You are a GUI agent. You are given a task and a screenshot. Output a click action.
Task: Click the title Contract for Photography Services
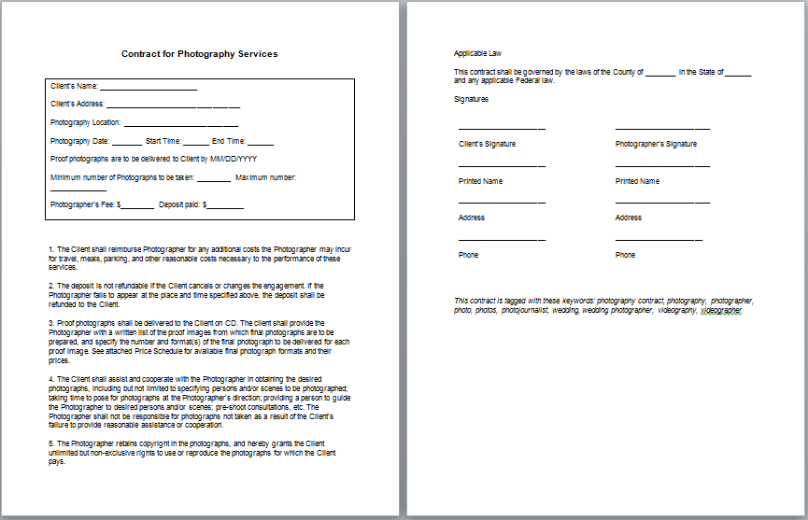pyautogui.click(x=199, y=54)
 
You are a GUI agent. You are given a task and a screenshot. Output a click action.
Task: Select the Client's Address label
pyautogui.click(x=77, y=104)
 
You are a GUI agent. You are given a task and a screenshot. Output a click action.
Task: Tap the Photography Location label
pyautogui.click(x=85, y=122)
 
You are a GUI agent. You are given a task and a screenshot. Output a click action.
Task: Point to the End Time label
pyautogui.click(x=229, y=141)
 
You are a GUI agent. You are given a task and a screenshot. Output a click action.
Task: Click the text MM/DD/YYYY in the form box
pyautogui.click(x=233, y=159)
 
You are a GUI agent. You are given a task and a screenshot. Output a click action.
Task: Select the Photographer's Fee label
pyautogui.click(x=82, y=204)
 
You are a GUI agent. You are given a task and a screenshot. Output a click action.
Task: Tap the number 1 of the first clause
pyautogui.click(x=50, y=249)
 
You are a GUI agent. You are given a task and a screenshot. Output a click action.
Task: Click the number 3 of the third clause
pyautogui.click(x=50, y=322)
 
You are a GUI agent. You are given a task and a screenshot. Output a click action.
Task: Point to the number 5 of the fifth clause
pyautogui.click(x=50, y=442)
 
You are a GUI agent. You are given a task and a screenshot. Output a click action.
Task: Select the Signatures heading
pyautogui.click(x=471, y=99)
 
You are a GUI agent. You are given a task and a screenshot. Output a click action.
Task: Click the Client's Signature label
pyautogui.click(x=487, y=144)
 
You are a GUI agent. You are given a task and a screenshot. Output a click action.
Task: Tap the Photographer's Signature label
pyautogui.click(x=656, y=144)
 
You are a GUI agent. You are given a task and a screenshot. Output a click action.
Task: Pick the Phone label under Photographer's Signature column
pyautogui.click(x=625, y=255)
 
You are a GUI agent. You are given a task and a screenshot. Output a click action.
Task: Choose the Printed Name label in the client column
pyautogui.click(x=480, y=181)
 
